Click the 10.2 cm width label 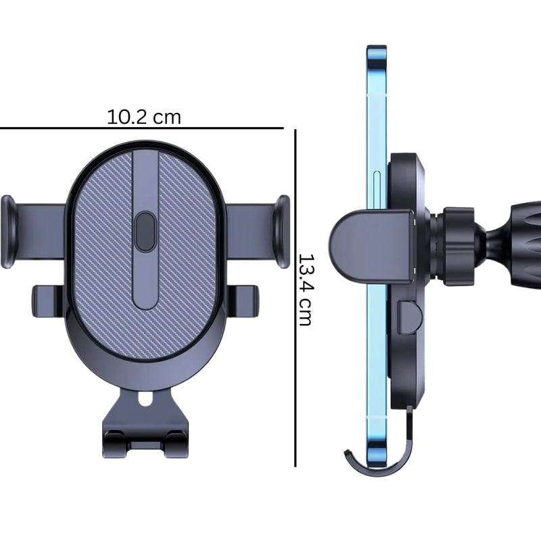pos(144,117)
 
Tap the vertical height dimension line pos(296,298)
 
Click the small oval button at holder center pos(145,232)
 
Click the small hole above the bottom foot pos(144,401)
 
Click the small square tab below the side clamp pos(407,316)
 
